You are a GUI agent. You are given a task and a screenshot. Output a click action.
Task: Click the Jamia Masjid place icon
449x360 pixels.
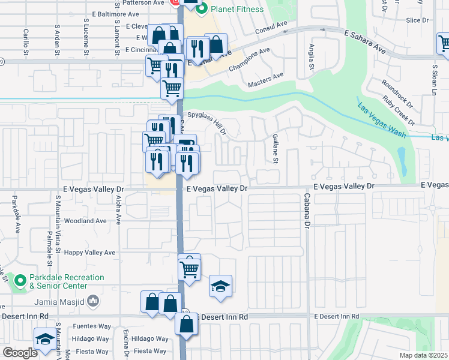[92, 300]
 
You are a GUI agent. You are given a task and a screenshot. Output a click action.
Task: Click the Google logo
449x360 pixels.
[20, 353]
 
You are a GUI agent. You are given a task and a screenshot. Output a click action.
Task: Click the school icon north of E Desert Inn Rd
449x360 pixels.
[220, 287]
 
